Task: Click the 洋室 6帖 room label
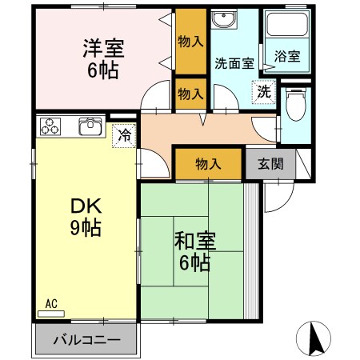[102, 58]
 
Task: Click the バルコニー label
[86, 340]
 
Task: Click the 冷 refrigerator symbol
[124, 135]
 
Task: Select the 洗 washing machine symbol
[262, 92]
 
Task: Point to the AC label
[51, 303]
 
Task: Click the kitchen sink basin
[90, 126]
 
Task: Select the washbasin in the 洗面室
[222, 20]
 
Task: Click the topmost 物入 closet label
[189, 41]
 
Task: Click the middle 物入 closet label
[189, 94]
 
